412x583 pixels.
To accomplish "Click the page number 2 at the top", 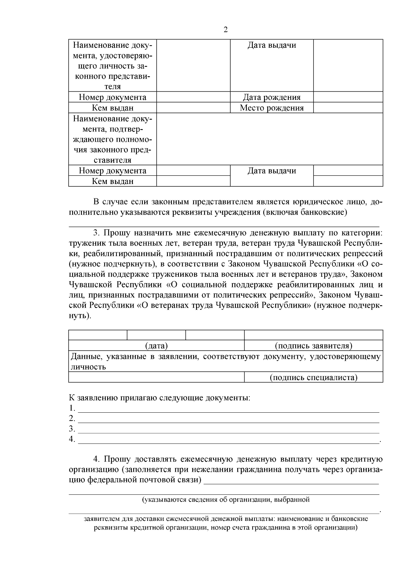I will pos(226,30).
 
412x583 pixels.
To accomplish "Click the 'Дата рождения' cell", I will pos(272,97).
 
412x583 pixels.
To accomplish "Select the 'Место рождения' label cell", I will pos(272,108).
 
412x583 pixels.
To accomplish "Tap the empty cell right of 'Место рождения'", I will pos(348,108).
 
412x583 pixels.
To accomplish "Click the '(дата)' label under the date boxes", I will pos(156,346).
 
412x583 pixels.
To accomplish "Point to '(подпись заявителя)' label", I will pos(313,346).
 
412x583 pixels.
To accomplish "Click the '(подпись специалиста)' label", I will pos(313,377).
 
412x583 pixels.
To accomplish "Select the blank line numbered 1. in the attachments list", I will pos(228,409).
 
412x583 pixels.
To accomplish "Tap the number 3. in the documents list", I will pos(72,428).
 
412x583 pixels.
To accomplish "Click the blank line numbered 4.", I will pos(228,439).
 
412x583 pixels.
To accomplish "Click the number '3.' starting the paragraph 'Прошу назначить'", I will pos(97,233).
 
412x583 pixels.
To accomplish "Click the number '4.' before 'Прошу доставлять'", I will pos(97,459).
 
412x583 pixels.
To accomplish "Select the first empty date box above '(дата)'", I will pos(98,335).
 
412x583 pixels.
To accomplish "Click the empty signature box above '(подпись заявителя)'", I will pos(313,335).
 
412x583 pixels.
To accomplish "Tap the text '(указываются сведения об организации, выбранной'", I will pos(226,500).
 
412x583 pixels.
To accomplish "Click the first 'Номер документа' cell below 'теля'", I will pos(113,97).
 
